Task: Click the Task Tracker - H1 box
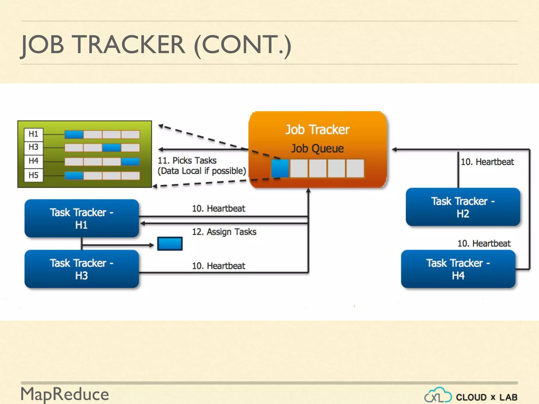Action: pos(82,218)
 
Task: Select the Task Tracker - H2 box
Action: pos(463,207)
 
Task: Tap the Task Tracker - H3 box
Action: pos(82,269)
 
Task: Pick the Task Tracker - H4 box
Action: pos(458,269)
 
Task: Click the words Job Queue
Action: pos(317,149)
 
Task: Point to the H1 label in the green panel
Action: pos(33,134)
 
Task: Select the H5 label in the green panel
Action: pos(33,175)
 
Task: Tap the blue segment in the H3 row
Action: pos(112,148)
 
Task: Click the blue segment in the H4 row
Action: pos(130,161)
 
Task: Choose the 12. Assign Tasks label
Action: pos(224,232)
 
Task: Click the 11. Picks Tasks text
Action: pos(187,160)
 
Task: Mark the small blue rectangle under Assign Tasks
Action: pos(170,244)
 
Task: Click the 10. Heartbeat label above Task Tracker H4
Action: pos(484,244)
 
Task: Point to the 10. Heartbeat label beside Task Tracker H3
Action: pos(218,266)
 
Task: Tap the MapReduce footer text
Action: pos(65,394)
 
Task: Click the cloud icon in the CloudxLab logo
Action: pos(438,395)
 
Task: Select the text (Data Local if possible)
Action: pos(202,171)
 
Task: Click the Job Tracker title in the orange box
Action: pos(317,130)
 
